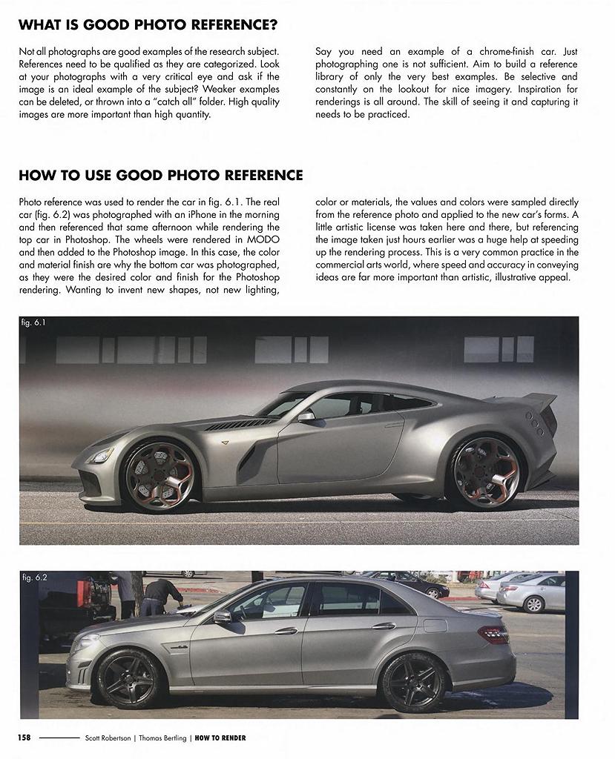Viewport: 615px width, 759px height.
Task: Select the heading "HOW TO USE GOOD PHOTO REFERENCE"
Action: coord(160,176)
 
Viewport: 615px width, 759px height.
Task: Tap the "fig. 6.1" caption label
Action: coord(34,323)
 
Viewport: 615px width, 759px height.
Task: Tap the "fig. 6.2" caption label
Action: coord(34,577)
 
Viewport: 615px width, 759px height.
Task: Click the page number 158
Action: coord(24,738)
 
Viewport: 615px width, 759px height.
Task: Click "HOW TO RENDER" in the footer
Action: coord(220,738)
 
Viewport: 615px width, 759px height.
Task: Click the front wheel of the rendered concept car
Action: coord(159,477)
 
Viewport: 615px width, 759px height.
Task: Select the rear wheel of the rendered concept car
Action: coord(485,472)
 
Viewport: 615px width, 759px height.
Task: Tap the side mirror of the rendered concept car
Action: coord(306,417)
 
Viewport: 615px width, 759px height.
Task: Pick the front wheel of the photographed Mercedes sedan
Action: coord(129,678)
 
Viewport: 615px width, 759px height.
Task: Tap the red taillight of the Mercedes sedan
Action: coord(493,634)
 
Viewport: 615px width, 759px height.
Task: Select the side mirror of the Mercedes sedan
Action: coord(222,617)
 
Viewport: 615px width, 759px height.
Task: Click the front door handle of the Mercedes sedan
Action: coord(286,632)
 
